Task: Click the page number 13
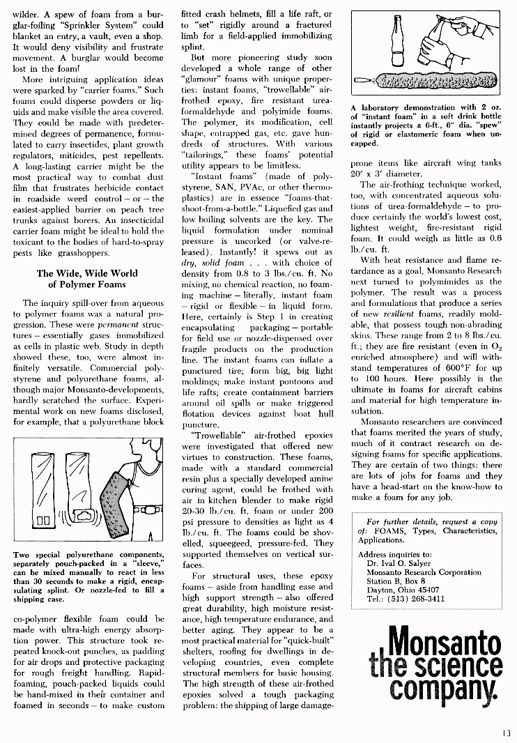click(505, 732)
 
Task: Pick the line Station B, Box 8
click(396, 581)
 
